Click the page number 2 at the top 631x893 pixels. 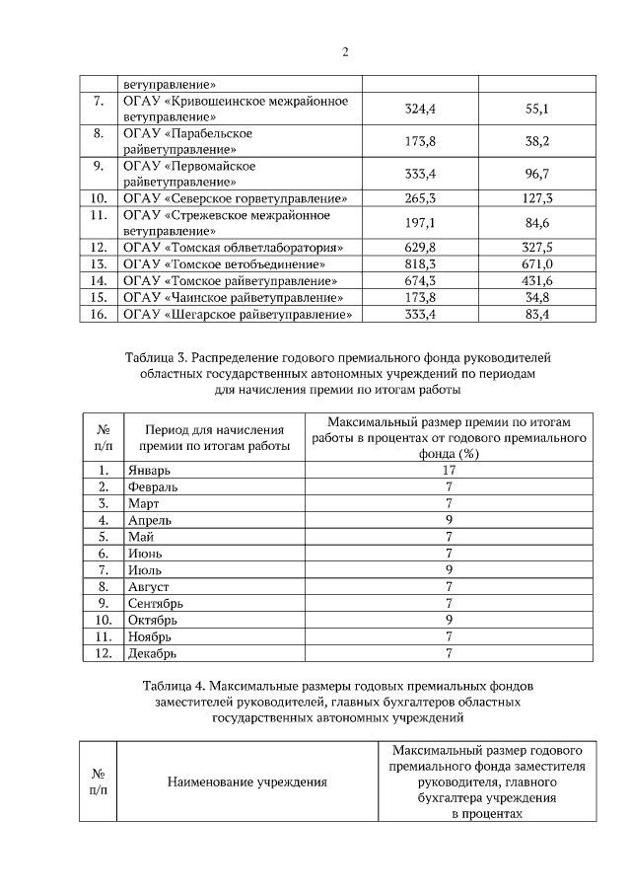point(346,52)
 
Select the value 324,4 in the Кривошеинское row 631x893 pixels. point(421,109)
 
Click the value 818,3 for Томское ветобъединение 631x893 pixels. point(421,263)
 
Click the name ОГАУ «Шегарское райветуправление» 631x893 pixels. point(236,314)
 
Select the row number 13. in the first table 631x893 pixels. point(98,263)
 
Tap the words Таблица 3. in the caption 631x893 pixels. point(157,356)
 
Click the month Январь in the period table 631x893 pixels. point(149,471)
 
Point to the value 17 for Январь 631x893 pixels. point(449,471)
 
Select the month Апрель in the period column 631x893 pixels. point(150,520)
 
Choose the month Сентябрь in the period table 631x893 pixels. point(156,603)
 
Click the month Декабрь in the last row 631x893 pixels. point(153,652)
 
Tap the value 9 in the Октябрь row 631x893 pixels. point(449,620)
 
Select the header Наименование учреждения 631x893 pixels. point(246,782)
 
